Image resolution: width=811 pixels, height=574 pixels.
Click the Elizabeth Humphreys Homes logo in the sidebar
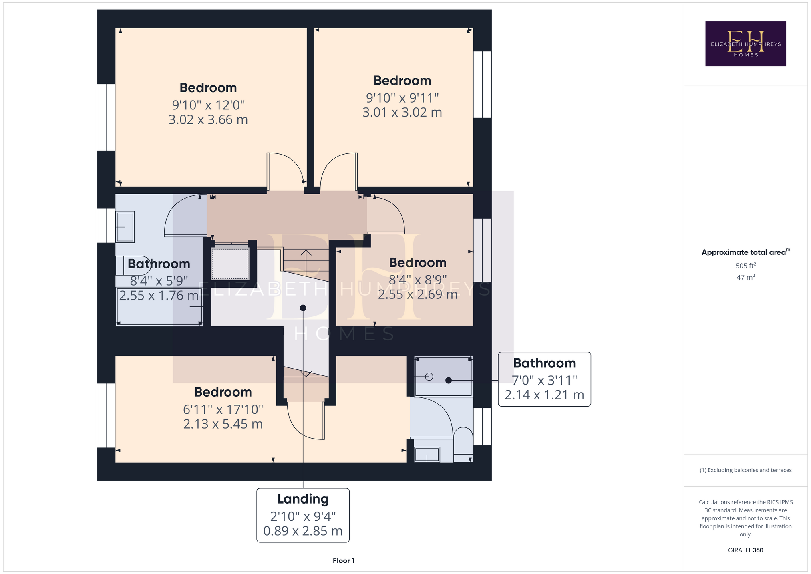745,44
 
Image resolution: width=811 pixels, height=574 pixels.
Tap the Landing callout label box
303,515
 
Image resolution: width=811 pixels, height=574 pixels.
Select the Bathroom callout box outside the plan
544,379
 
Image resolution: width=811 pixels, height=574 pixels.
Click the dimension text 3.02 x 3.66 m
208,120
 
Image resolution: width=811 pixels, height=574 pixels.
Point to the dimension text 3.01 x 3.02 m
402,112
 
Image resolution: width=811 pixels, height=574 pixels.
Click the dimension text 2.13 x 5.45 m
223,424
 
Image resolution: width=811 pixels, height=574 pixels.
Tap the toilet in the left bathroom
133,265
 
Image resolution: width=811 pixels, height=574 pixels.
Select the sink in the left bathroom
125,227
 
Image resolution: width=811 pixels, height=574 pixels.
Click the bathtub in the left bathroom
159,306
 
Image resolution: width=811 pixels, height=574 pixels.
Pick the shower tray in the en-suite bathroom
443,377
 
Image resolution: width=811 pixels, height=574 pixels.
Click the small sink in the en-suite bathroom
427,455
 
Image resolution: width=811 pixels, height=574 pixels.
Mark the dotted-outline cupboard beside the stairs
230,264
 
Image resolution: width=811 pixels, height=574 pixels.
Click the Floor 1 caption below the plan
344,560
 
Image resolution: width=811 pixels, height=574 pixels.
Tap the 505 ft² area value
746,266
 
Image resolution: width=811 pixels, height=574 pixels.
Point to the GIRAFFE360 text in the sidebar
746,550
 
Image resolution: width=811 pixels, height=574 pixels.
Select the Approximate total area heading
746,252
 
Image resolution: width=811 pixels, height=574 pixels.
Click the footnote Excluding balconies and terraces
746,470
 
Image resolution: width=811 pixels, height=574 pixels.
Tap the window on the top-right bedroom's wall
483,85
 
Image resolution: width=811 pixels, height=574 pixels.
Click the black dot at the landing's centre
303,308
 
